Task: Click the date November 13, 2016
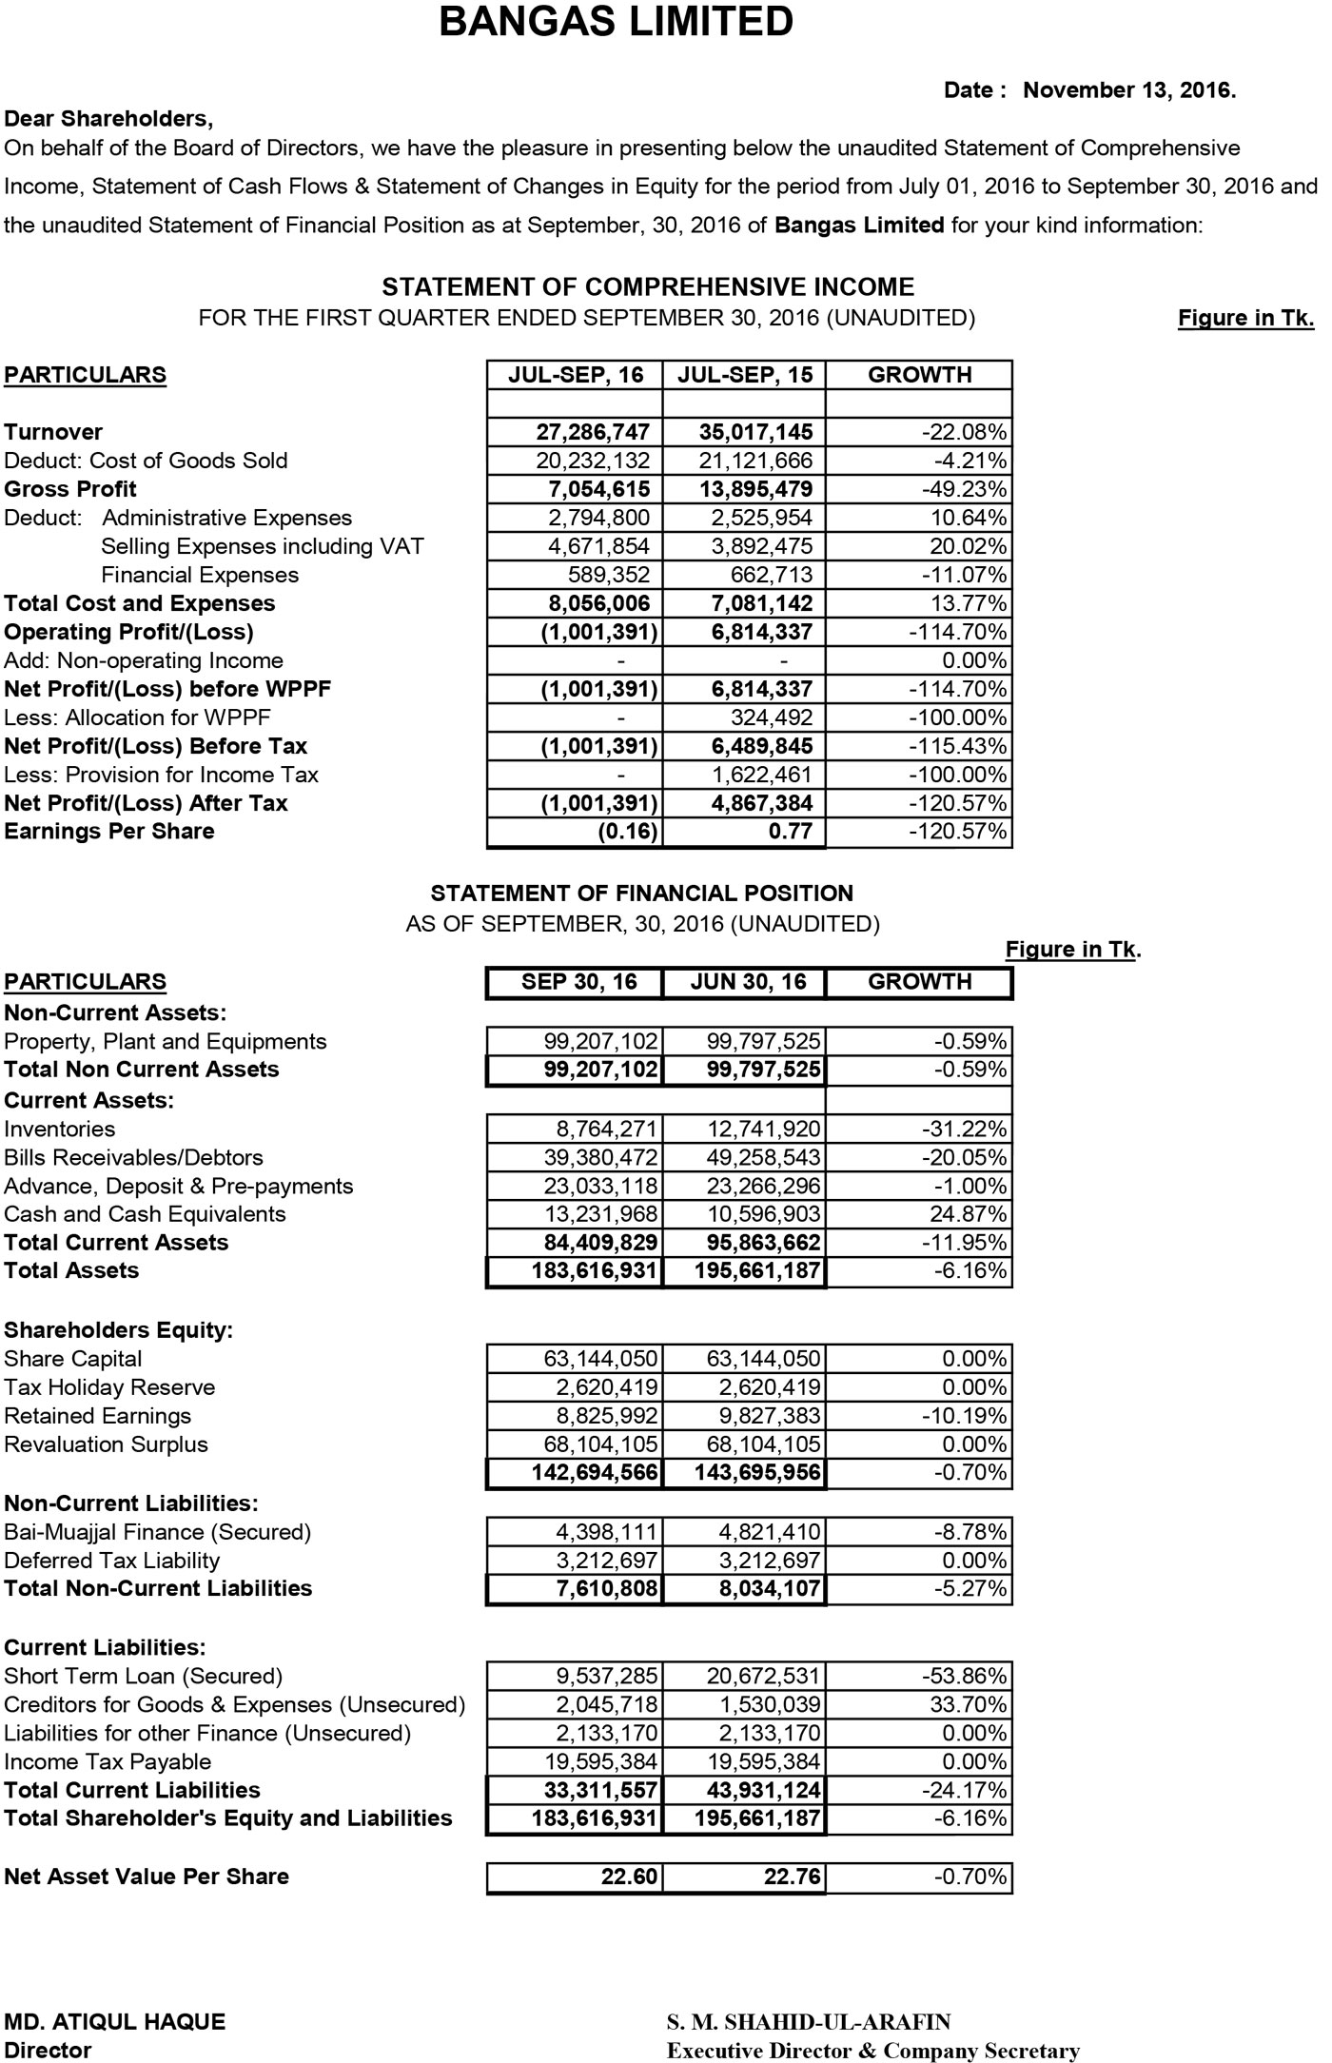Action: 1129,90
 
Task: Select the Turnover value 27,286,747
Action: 593,432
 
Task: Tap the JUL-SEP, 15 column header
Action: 745,375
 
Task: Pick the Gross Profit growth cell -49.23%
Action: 964,489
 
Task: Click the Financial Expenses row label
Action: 200,575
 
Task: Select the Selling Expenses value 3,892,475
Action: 762,546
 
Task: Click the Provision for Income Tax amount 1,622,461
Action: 762,775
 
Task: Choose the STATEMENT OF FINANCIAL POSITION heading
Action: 642,894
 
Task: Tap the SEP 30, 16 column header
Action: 578,982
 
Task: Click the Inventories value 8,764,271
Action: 607,1130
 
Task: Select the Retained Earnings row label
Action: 98,1416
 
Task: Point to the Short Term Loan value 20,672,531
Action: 764,1676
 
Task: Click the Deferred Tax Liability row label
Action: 112,1561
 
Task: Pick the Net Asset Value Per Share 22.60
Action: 629,1876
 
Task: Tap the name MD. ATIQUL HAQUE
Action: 115,2022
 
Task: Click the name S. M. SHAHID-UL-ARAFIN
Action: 809,2022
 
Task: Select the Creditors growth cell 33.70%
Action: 969,1704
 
